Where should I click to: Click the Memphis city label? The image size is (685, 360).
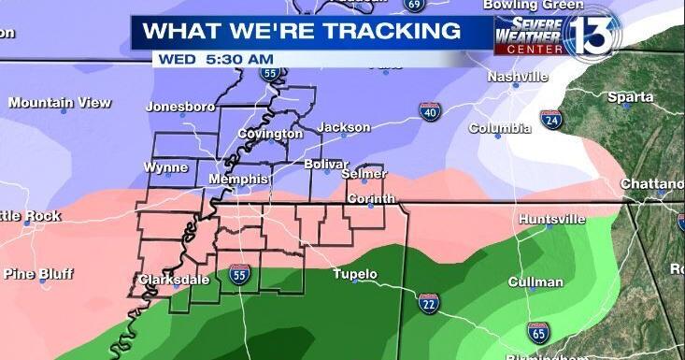click(x=238, y=179)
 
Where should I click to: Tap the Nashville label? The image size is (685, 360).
click(x=517, y=77)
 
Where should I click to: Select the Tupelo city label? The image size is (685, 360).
click(x=355, y=274)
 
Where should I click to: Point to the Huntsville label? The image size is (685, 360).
click(x=552, y=219)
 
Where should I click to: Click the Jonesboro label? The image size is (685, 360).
click(x=180, y=107)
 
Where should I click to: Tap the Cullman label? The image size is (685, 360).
click(x=535, y=281)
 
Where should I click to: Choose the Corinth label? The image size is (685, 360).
click(x=371, y=199)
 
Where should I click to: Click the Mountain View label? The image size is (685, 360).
click(x=60, y=102)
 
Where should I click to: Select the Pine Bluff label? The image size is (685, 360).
click(x=38, y=274)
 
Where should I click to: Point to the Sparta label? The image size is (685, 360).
click(x=631, y=97)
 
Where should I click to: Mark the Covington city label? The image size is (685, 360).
click(x=270, y=134)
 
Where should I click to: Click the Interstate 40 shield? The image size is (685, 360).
click(x=430, y=113)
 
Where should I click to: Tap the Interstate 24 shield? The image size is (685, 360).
click(x=552, y=119)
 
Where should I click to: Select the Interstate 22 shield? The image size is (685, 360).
click(x=429, y=303)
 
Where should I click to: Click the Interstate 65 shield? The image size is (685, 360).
click(x=537, y=332)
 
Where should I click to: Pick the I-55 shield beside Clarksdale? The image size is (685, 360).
click(x=239, y=274)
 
